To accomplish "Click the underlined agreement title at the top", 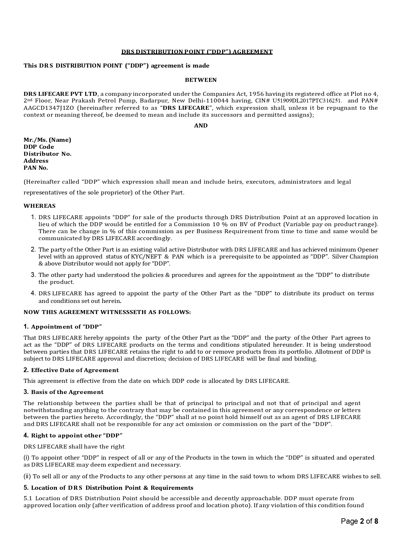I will [x=197, y=52].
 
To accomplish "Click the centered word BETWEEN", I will [x=201, y=80].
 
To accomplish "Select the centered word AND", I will [x=201, y=126].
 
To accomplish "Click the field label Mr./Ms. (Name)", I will [x=47, y=140].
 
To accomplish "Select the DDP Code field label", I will [x=39, y=147].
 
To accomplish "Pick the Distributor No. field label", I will [x=47, y=154].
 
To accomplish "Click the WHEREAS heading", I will [x=39, y=206].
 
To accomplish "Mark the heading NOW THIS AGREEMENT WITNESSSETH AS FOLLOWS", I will [x=107, y=312].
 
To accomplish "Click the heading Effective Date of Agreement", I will [x=75, y=370].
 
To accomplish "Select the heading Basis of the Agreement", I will [x=67, y=392].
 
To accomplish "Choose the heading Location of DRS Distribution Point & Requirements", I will [x=112, y=488].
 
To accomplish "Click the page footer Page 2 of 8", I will [x=359, y=521].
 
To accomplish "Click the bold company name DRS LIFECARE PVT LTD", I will [x=60, y=94].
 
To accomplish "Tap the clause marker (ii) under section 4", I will [x=27, y=476].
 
